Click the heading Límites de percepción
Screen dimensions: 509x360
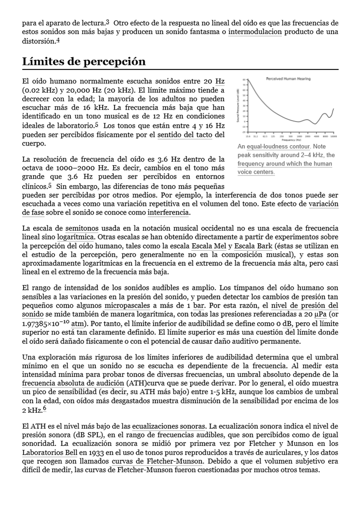tap(84, 62)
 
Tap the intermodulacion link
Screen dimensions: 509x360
tap(255, 32)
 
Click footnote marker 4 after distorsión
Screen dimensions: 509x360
tap(58, 40)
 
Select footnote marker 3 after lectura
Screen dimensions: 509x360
tap(107, 22)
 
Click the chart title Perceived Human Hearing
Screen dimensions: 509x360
tap(288, 79)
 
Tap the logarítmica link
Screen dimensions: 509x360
tap(76, 237)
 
